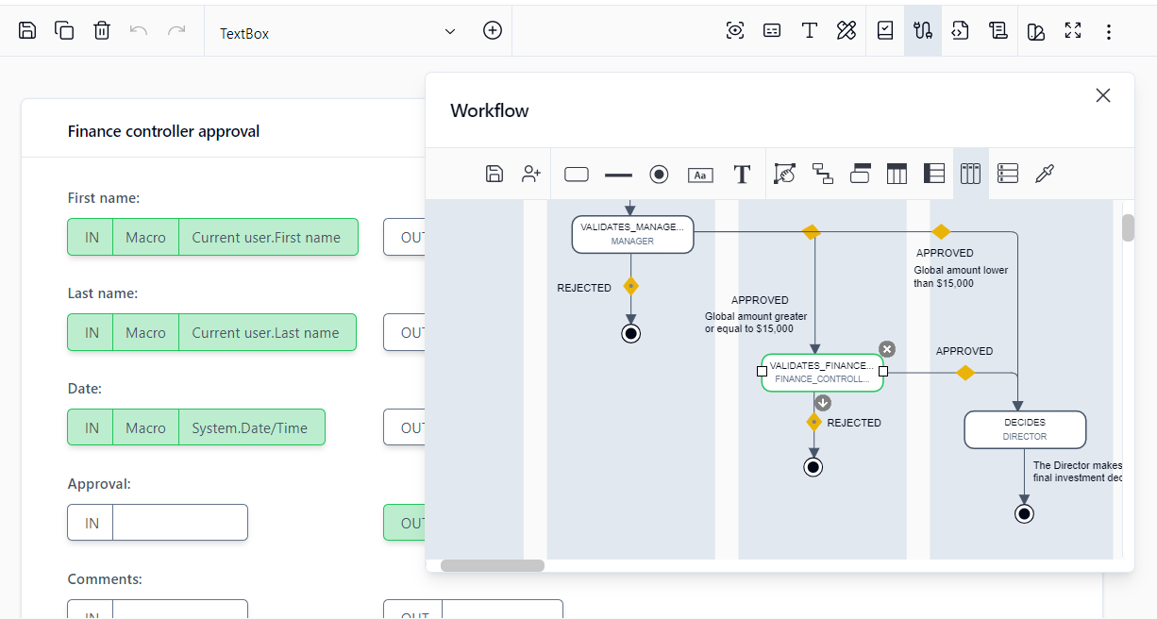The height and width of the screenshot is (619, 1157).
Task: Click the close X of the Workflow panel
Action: coord(1102,95)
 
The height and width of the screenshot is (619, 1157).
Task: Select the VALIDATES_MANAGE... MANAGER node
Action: coord(632,234)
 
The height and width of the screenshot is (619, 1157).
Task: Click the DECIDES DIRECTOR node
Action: coord(1025,429)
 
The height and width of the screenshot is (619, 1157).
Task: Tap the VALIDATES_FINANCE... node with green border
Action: coord(822,372)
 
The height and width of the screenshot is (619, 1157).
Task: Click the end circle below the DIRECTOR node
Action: coord(1024,513)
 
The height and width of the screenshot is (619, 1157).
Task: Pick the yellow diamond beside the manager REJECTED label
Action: coord(630,286)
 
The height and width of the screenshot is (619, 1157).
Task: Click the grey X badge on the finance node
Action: coord(886,349)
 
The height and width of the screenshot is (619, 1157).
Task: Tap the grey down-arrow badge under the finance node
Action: coord(823,403)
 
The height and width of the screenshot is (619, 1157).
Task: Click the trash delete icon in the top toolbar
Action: coord(102,31)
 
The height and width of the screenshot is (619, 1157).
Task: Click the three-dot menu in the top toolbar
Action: coord(1109,32)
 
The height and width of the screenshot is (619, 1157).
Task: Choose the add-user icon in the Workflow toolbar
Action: coord(531,174)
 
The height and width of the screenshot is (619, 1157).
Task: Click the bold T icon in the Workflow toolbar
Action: coord(742,174)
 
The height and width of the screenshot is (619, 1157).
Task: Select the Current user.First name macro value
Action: coord(266,238)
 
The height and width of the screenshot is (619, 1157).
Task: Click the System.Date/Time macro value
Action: coord(249,428)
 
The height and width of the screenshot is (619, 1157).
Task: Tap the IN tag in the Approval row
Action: coord(92,523)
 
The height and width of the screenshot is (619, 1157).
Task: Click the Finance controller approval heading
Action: coord(163,131)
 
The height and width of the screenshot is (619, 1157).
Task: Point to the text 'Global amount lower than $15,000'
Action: coord(961,276)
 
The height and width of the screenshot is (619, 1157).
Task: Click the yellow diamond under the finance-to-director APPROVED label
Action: coord(964,373)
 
